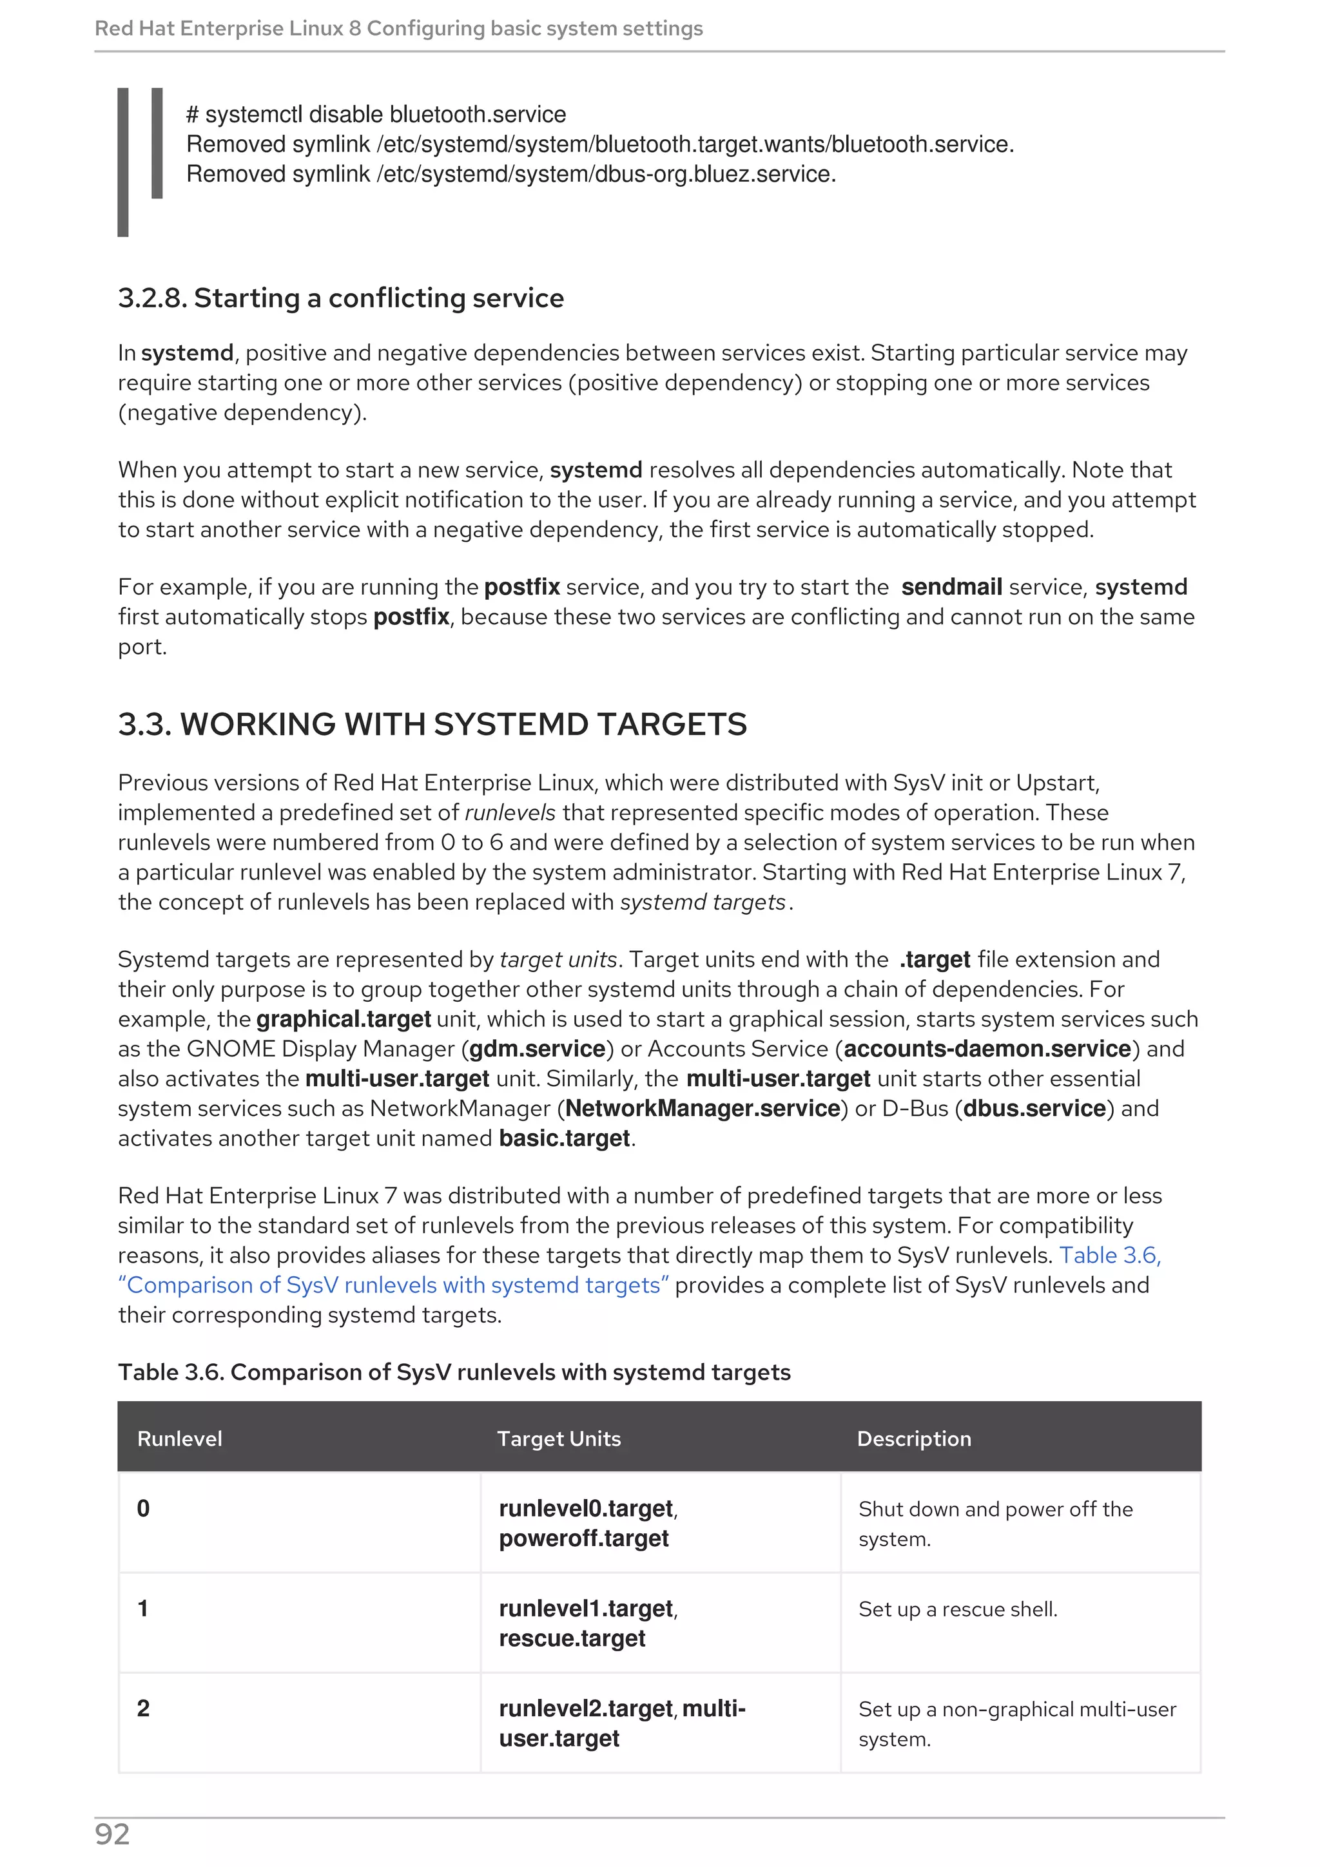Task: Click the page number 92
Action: [112, 1835]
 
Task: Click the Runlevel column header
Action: [179, 1439]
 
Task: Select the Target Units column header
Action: [559, 1439]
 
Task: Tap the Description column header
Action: [913, 1439]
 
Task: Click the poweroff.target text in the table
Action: [583, 1538]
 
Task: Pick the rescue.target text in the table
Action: [572, 1638]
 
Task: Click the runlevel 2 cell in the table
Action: [143, 1709]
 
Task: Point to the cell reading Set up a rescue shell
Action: [957, 1609]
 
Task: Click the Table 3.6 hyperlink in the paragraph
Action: [1109, 1256]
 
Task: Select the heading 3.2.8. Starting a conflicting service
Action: [341, 298]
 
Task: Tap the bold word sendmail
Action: [951, 587]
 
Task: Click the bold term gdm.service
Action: [538, 1049]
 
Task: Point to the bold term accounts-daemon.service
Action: [987, 1049]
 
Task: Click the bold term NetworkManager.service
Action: [703, 1108]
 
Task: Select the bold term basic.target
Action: [565, 1138]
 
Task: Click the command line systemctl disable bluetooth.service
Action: [376, 115]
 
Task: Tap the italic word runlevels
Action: [510, 812]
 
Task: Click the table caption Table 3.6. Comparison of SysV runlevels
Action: [454, 1373]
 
